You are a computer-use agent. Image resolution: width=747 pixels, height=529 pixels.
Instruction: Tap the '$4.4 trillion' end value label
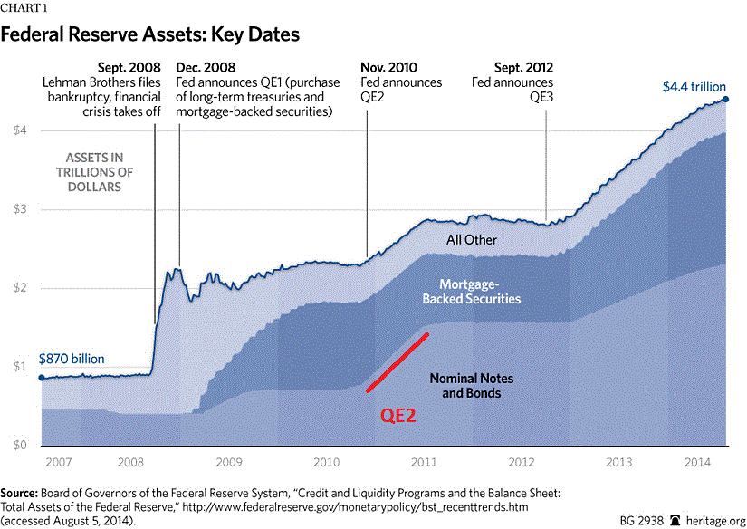point(693,88)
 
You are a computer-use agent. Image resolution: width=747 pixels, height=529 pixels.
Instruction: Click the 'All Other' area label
point(472,240)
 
